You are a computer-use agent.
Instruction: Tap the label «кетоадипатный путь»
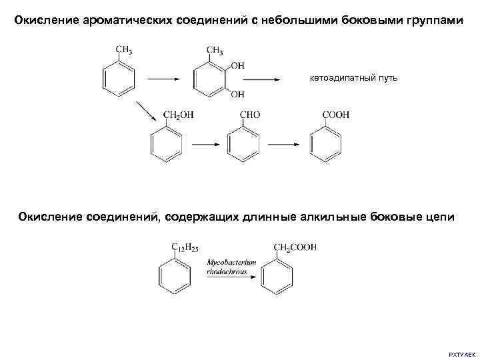tap(353, 79)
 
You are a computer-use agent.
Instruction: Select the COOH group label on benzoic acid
tap(335, 115)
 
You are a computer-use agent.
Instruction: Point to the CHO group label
tap(249, 115)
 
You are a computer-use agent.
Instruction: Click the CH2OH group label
tap(179, 115)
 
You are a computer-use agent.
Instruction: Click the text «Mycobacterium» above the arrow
tap(231, 263)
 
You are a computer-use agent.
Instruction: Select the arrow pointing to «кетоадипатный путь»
tap(273, 79)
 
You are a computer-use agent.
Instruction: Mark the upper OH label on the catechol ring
tap(237, 65)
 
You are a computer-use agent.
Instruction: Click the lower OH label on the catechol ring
tap(237, 95)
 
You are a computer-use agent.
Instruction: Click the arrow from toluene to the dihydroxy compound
tap(163, 79)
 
